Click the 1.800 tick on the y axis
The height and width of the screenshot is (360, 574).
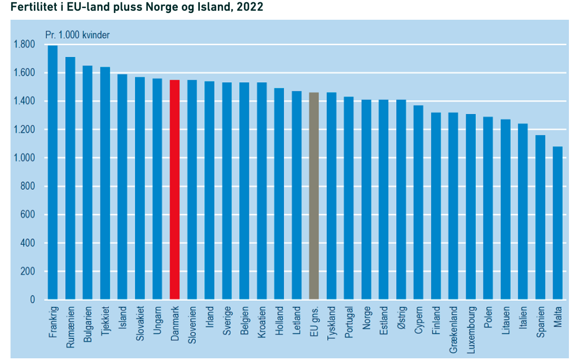click(24, 45)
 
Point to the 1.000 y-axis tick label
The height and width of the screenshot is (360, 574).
click(24, 158)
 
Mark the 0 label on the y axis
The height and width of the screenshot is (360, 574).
click(33, 300)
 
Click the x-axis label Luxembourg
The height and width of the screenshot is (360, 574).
click(471, 330)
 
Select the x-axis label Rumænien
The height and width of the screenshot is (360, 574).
click(70, 328)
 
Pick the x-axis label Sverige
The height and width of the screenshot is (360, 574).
click(227, 322)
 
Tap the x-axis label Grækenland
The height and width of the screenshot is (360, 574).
click(453, 330)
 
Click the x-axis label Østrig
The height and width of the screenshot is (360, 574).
click(401, 321)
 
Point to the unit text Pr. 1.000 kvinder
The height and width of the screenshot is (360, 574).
click(77, 34)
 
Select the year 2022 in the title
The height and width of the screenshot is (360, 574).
click(251, 8)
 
